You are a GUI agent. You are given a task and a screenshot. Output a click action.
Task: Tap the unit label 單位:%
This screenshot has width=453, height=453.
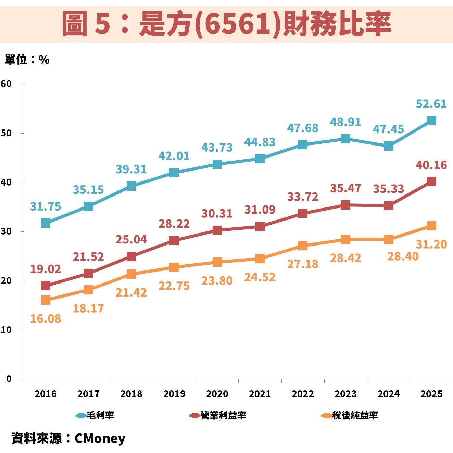[27, 60]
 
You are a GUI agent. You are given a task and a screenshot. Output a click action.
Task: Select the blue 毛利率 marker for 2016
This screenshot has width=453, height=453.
[46, 223]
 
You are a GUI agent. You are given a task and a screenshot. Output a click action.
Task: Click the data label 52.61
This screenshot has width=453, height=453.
[431, 104]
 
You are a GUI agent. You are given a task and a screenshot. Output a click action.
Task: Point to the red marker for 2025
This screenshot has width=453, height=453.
[431, 181]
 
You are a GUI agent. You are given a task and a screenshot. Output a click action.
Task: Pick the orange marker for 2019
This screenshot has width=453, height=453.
[174, 267]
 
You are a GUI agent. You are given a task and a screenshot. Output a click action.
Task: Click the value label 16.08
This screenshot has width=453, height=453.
[46, 318]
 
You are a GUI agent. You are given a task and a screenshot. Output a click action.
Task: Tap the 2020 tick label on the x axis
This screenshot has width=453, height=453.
[217, 394]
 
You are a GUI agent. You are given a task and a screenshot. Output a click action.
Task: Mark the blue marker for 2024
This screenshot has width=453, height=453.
[389, 146]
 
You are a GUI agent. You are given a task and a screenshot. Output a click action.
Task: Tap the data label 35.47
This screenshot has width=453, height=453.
[345, 188]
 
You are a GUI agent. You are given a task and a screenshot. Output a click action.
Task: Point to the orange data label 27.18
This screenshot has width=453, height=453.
[303, 264]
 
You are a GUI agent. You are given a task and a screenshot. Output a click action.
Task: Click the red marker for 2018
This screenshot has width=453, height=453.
[131, 256]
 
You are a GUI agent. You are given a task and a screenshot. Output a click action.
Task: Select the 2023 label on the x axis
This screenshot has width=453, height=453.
[345, 394]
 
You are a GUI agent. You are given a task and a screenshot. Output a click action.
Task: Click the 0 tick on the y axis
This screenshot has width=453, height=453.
[9, 379]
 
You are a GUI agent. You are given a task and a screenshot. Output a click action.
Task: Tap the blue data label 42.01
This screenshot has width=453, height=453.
[174, 156]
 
